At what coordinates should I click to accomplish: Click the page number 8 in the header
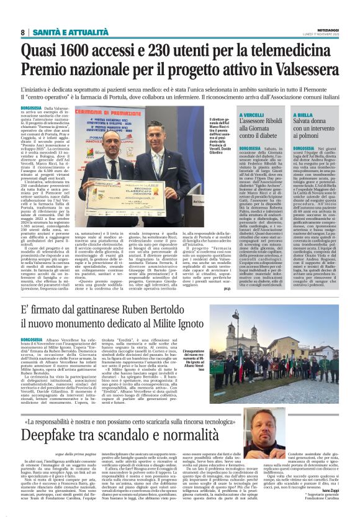point(23,32)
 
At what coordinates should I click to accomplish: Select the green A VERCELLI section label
point(253,116)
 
